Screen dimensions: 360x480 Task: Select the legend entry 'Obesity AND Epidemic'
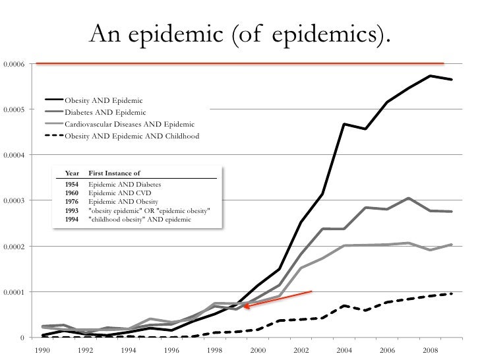(104, 100)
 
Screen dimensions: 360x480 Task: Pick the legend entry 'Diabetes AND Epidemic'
(105, 112)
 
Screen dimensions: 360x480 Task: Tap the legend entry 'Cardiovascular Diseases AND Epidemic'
(129, 125)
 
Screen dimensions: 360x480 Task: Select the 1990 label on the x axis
(42, 350)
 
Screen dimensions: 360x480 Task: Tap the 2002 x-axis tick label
(301, 350)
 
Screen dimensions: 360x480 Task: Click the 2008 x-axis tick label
(430, 350)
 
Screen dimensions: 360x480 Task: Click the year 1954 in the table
(72, 185)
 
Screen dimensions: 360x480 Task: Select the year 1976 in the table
(72, 202)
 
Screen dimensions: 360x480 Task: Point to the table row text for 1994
(139, 219)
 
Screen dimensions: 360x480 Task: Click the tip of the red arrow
(243, 306)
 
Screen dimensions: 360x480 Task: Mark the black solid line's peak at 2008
(430, 76)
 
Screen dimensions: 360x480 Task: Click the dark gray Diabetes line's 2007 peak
(409, 198)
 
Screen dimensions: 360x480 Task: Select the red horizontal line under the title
(240, 64)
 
